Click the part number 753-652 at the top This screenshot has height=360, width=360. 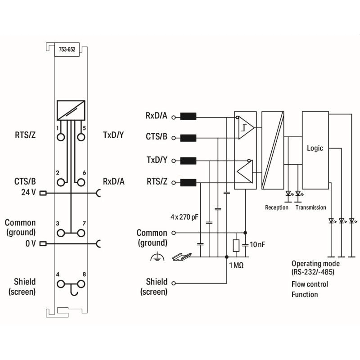[x=67, y=50]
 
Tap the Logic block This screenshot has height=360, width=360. [x=315, y=148]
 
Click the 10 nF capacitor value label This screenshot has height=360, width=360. [x=256, y=244]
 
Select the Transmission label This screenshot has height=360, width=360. [x=310, y=207]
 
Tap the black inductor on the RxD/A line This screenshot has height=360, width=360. [x=188, y=117]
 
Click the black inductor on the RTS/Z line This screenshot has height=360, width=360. [x=188, y=182]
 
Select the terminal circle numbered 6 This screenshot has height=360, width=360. [x=81, y=182]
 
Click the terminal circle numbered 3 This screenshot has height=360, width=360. [x=61, y=233]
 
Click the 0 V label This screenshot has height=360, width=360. [x=31, y=243]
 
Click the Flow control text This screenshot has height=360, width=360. [x=310, y=284]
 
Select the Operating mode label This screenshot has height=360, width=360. [x=315, y=264]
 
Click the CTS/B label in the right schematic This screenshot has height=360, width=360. [x=157, y=136]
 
